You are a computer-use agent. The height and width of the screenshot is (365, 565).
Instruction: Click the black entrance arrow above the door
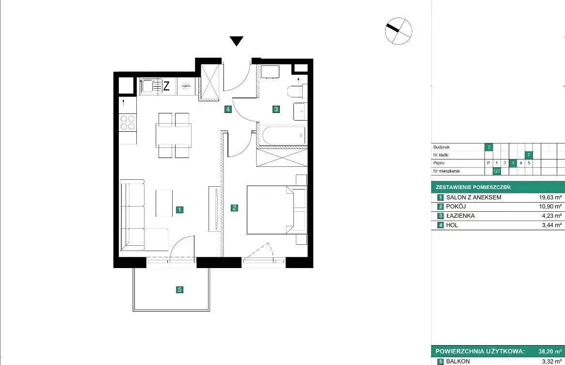coord(236,41)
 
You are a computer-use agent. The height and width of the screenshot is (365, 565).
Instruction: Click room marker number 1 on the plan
coord(179,210)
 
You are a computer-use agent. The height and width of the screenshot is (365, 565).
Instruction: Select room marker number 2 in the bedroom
coord(234,208)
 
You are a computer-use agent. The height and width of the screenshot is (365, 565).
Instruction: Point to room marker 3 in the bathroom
coord(276,109)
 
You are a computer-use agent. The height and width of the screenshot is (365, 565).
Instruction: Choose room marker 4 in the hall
coord(228,109)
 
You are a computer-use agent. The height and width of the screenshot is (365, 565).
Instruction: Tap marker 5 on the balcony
coord(179,290)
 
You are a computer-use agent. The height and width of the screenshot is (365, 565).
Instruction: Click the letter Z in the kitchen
coord(166,86)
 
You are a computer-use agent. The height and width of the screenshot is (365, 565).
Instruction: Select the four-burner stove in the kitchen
coord(128,122)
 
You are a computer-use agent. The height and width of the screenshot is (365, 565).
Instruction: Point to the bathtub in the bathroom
coord(284,135)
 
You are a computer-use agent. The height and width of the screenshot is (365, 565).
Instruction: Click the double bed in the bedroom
coord(276,210)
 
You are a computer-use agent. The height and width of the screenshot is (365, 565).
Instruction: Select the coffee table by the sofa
coord(164,203)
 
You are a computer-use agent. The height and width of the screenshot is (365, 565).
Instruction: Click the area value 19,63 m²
coord(550,197)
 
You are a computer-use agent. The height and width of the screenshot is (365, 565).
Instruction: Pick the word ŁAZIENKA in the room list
coord(460,216)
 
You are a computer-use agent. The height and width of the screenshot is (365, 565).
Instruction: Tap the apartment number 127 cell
coord(497,171)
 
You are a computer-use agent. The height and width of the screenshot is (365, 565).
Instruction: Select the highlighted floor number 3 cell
coord(513,163)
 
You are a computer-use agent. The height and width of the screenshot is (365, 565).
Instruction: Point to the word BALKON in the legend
coord(458,362)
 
